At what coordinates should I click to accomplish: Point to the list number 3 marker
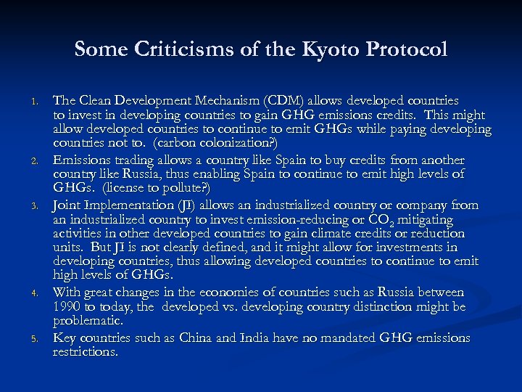(42, 205)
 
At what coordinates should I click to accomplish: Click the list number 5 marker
(42, 339)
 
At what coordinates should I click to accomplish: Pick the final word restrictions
(84, 352)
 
